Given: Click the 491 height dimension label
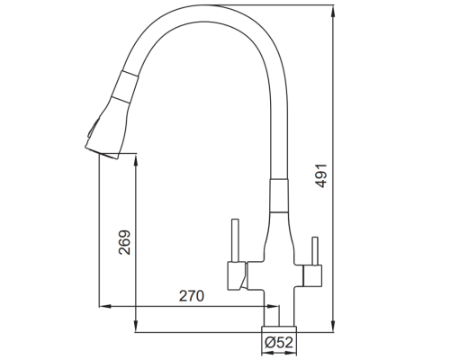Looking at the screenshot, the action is tap(321, 175).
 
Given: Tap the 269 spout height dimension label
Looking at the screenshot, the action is tap(124, 242).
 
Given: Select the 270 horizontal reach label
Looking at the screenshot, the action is tap(192, 296).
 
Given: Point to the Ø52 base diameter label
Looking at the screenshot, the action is tap(279, 342).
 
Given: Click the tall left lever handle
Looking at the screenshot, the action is tap(236, 240).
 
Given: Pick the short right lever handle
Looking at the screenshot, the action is tap(315, 251).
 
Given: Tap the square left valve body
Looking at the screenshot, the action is tap(237, 275).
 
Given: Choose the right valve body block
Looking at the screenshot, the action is tap(312, 275).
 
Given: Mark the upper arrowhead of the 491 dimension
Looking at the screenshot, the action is tap(333, 11).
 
